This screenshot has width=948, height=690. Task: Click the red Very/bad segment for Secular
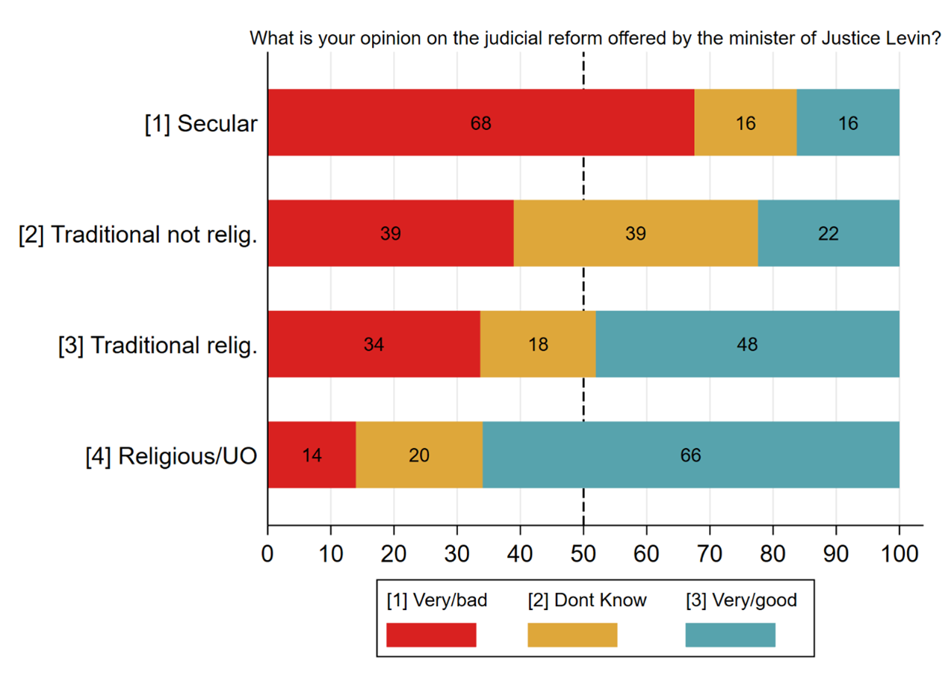pos(480,123)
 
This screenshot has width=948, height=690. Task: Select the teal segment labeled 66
pos(690,455)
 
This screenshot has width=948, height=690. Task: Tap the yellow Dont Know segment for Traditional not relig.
pos(636,233)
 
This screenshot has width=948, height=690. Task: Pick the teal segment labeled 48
pos(747,344)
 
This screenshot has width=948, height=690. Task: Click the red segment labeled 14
pos(312,455)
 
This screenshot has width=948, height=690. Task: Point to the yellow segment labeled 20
pos(419,455)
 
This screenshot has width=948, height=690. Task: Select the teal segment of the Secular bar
pos(848,123)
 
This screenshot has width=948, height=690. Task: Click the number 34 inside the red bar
pos(374,345)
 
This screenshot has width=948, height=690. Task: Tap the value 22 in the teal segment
pos(828,234)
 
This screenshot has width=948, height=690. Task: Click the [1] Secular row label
pos(201,123)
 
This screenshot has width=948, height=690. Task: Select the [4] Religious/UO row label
pos(171,455)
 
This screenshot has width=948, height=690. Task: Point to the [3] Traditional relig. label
pos(158,345)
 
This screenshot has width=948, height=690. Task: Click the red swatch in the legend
pos(431,635)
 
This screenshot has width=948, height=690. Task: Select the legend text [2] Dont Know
pos(587,600)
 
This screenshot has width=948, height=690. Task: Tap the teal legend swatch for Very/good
pos(730,635)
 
